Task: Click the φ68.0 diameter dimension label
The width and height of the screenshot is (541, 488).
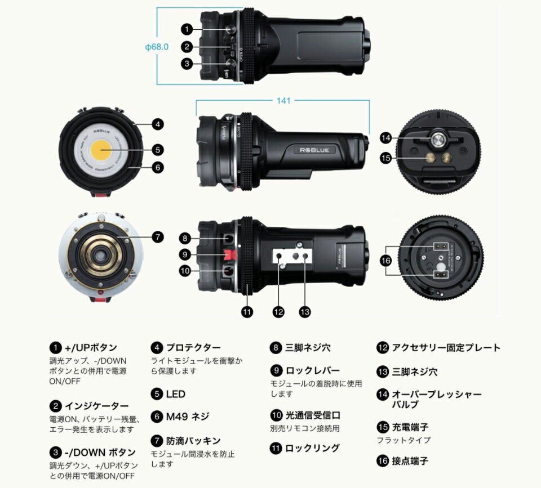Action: pos(157,47)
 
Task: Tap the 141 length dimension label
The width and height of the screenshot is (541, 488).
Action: pos(283,101)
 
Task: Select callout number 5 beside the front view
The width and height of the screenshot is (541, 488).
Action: pos(158,150)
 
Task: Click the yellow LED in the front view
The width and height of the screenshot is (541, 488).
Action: pos(101,150)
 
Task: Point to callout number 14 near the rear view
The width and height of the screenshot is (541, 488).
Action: pos(385,138)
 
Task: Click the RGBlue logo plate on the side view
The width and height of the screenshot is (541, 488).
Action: pos(314,150)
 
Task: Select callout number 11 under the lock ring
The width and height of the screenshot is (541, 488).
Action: pos(247,312)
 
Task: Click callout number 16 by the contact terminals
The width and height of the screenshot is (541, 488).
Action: pos(385,261)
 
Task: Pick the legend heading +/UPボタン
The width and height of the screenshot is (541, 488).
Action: pos(91,347)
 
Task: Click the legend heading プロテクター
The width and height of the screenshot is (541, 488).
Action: pos(193,347)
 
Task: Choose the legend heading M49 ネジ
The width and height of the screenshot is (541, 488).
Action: pos(187,417)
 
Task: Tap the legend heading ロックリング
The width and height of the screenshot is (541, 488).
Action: pos(312,449)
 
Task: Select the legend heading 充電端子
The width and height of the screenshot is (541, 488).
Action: pos(410,427)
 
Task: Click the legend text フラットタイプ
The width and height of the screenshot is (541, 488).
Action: pos(403,440)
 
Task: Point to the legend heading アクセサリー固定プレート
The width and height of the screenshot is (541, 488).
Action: pos(446,347)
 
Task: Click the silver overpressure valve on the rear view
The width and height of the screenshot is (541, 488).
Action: pos(437,139)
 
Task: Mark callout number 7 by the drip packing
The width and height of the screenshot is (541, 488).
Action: pos(158,237)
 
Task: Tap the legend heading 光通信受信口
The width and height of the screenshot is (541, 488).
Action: pos(313,415)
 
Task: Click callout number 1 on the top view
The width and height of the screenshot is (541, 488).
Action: pos(187,29)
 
